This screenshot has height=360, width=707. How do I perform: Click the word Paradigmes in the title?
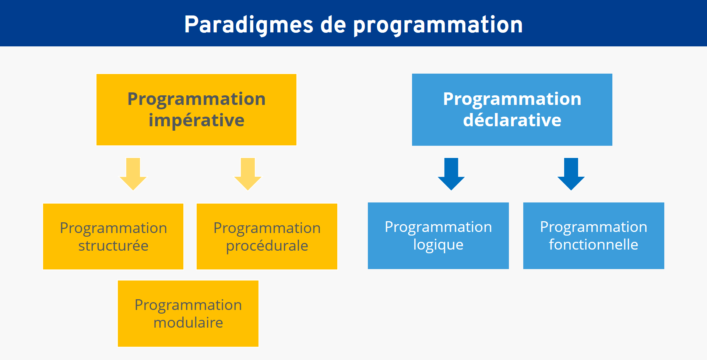click(249, 25)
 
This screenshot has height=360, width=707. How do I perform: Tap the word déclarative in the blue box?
click(512, 120)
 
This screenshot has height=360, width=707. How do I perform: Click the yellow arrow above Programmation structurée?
click(133, 174)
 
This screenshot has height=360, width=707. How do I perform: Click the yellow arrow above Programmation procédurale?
click(248, 174)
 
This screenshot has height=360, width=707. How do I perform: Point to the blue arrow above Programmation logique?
click(451, 174)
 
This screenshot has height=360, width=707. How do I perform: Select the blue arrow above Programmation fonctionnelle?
click(571, 174)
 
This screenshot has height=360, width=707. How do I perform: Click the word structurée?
click(113, 246)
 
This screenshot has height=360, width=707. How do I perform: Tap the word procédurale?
click(267, 246)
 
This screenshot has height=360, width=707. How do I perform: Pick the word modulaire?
click(188, 322)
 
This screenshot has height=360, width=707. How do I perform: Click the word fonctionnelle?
click(594, 244)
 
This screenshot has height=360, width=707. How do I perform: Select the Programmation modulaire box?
click(188, 314)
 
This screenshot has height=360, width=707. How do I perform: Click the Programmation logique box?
click(438, 236)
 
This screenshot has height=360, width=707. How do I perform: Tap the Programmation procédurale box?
click(267, 236)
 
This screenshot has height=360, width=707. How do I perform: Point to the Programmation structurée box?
click(113, 236)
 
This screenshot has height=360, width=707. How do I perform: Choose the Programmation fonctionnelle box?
click(594, 236)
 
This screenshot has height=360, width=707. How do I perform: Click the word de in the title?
click(333, 25)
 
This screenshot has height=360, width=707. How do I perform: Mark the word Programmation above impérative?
click(196, 99)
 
